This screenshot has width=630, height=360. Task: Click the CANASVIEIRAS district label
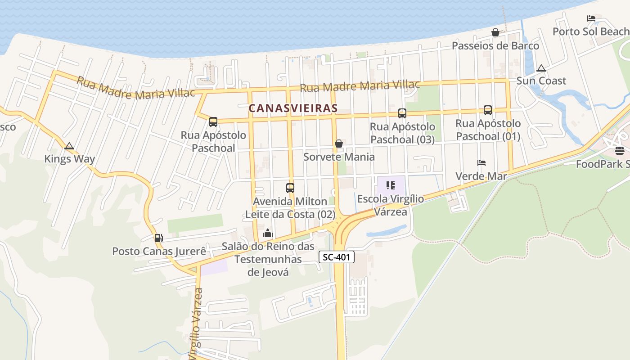pos(293,108)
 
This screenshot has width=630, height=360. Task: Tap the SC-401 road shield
pos(337,257)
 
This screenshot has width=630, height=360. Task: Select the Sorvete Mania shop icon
pos(339,144)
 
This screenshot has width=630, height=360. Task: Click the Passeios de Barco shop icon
pos(495,32)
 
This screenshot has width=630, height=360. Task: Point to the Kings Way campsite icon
pos(69,146)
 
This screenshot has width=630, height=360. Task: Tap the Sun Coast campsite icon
pos(541,68)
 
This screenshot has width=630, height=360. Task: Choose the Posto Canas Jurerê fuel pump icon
pos(158,238)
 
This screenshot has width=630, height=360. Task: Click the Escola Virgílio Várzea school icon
pos(390,185)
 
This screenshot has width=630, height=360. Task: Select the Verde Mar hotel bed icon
pos(481,163)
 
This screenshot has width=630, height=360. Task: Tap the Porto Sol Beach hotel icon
pos(591,18)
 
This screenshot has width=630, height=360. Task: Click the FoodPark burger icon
pos(620,150)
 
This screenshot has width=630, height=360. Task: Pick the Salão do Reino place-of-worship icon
pos(268,233)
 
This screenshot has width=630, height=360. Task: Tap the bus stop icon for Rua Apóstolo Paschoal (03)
pos(402,113)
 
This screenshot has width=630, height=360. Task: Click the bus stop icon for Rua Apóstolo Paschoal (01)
pos(488,110)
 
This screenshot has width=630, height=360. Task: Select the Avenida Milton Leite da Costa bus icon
pos(290,188)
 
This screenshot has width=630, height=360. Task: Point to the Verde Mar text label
pos(481,176)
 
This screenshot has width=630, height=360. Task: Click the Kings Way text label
pos(69,159)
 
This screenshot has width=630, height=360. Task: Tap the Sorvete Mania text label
pos(339,157)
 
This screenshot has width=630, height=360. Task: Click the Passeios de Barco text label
pos(495,46)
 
